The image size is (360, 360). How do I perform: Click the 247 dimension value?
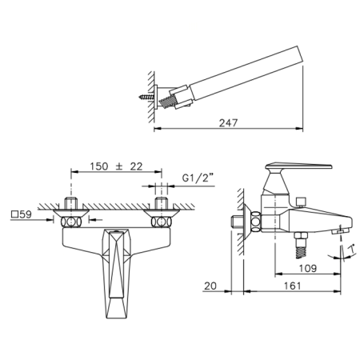coord(228,122)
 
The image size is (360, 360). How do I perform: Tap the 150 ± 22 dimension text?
coord(116,166)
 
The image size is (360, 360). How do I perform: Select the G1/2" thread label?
coord(198,178)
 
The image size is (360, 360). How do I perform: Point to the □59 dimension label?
coord(22,214)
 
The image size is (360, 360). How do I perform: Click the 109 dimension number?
coord(308,268)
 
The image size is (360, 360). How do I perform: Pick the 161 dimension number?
coord(292,286)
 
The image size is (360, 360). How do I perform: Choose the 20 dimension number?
coord(210,286)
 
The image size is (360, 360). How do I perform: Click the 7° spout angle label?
coord(353,249)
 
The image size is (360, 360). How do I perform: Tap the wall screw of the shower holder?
coord(146,97)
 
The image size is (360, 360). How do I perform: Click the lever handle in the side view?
coord(298,166)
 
